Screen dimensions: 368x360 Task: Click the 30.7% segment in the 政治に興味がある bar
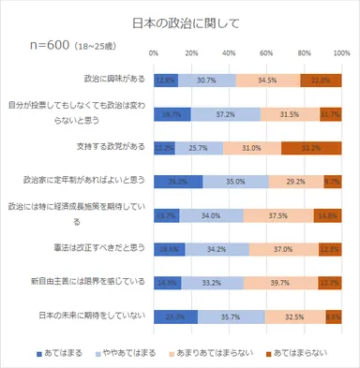point(206,81)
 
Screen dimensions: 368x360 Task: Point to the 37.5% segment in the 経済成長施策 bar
point(278,215)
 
